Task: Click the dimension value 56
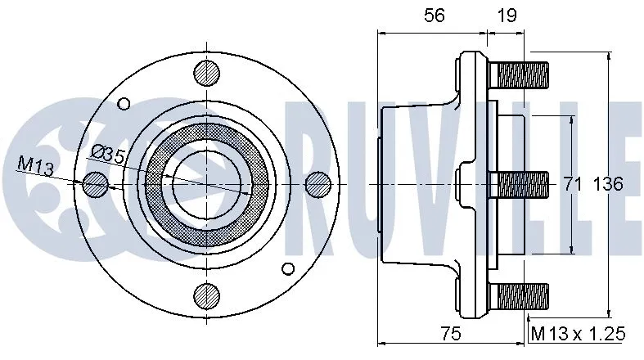pyautogui.click(x=434, y=16)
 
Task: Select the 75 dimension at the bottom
pyautogui.click(x=449, y=334)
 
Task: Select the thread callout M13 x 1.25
pyautogui.click(x=578, y=334)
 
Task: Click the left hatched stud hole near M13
pyautogui.click(x=95, y=185)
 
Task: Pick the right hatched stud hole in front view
pyautogui.click(x=317, y=185)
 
